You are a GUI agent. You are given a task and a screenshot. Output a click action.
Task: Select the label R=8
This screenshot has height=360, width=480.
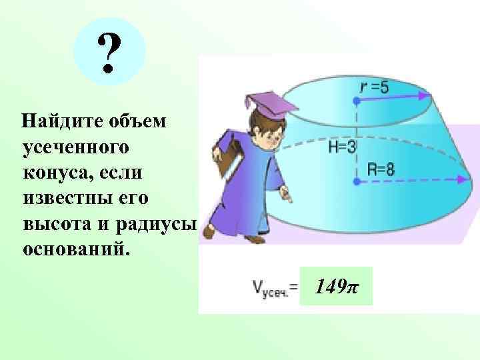point(381,169)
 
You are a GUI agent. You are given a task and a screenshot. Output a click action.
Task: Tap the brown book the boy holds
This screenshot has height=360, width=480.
point(229,164)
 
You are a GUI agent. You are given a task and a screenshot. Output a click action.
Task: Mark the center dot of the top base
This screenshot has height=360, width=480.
point(357,101)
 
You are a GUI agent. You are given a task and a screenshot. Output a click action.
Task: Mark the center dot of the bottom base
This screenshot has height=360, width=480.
point(357,180)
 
